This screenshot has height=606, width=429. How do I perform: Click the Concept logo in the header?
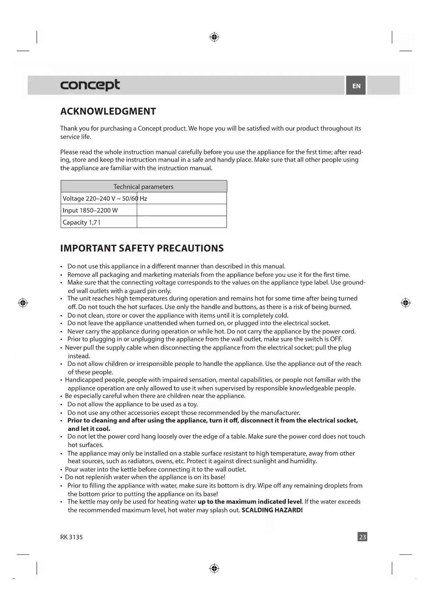(x=90, y=85)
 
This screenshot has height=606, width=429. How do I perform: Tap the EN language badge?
(x=356, y=86)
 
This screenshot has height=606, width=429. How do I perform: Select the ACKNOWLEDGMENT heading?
(x=108, y=111)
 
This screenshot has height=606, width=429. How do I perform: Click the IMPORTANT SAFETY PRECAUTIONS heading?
(x=142, y=248)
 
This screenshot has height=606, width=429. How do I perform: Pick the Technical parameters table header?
(x=143, y=187)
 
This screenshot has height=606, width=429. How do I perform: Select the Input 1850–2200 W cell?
(x=90, y=210)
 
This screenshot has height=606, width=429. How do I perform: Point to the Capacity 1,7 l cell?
(x=82, y=222)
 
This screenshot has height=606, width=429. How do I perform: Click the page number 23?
(x=362, y=537)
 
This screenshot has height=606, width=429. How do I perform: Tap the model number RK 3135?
(x=72, y=537)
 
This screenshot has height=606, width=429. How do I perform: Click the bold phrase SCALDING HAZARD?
(x=272, y=510)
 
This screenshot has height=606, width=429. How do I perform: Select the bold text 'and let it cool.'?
(x=89, y=429)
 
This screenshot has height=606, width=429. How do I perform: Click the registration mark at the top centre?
(x=214, y=37)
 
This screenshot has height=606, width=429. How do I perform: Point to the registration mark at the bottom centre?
(x=214, y=568)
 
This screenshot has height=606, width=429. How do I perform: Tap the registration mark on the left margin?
(x=23, y=303)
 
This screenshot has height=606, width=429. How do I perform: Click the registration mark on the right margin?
(x=405, y=303)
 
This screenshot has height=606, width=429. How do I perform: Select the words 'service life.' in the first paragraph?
(x=76, y=137)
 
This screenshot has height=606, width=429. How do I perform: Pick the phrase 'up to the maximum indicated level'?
(x=250, y=501)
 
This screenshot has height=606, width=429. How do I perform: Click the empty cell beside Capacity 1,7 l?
(x=182, y=222)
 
